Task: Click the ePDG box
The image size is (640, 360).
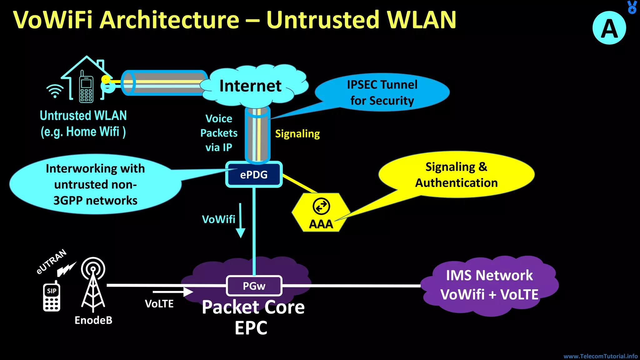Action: pyautogui.click(x=254, y=174)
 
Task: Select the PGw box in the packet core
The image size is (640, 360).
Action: pyautogui.click(x=254, y=286)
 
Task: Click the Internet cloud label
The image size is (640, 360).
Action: pyautogui.click(x=250, y=86)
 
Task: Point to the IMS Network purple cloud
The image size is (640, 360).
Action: pyautogui.click(x=489, y=285)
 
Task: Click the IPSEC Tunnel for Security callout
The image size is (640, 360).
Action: pyautogui.click(x=382, y=92)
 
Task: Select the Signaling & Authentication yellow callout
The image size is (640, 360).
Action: pyautogui.click(x=456, y=175)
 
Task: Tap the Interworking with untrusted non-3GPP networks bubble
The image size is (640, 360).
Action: pyautogui.click(x=95, y=184)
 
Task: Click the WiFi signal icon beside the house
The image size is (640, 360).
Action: pyautogui.click(x=55, y=91)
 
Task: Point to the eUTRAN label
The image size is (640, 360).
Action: pyautogui.click(x=52, y=262)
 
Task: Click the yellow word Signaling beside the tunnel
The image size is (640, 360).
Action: pyautogui.click(x=297, y=134)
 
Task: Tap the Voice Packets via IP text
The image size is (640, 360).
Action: pyautogui.click(x=219, y=133)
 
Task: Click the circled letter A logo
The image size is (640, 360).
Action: pyautogui.click(x=609, y=28)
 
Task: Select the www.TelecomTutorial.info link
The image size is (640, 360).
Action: pyautogui.click(x=600, y=356)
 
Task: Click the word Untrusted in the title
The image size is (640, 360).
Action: pyautogui.click(x=323, y=20)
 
